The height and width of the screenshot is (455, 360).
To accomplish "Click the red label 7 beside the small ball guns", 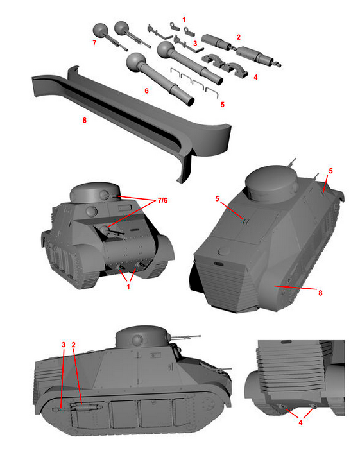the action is pos(94,42).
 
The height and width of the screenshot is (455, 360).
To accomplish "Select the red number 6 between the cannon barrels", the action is pos(146,91).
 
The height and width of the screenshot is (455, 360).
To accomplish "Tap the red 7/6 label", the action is pos(162,200).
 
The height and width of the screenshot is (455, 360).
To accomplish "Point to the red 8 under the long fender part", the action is pos(85,120).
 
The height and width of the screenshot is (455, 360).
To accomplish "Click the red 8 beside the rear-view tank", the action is pos(320,293).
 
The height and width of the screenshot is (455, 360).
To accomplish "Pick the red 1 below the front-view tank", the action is pos(128,287).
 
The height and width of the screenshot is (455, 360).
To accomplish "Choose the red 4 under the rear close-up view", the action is pos(300,422).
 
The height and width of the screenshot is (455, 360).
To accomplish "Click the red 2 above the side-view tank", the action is pos(73,345).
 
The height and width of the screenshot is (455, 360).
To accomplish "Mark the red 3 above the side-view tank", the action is pos(64,345).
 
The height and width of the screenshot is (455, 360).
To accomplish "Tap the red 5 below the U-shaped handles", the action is pos(223,104).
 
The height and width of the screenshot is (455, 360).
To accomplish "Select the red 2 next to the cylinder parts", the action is pos(239,37).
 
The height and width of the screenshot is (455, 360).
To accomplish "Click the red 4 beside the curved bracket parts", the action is pos(255,77).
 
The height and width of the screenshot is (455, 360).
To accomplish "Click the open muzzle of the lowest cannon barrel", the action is pos(191,101).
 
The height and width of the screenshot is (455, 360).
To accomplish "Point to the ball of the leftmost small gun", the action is pos(100,30).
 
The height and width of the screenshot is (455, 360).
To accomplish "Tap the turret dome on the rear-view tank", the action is pos(272,182).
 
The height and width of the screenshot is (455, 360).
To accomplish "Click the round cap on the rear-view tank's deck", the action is pos(224,251).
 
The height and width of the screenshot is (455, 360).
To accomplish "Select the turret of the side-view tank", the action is pos(142,338).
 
